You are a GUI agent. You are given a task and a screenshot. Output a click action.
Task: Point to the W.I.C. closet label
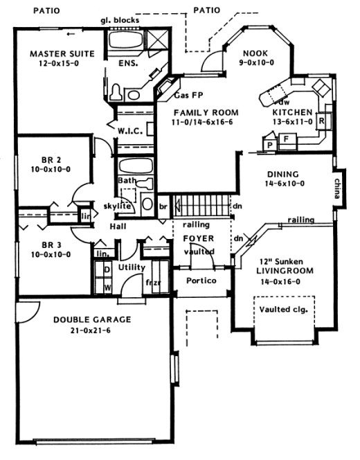pyautogui.click(x=130, y=129)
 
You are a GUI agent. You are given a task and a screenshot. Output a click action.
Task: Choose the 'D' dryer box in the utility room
pyautogui.click(x=107, y=269)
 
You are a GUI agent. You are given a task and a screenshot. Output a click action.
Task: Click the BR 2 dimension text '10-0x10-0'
pyautogui.click(x=46, y=168)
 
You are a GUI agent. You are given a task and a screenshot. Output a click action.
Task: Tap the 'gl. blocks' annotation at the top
pyautogui.click(x=120, y=20)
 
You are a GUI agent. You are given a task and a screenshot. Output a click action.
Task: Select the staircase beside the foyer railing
pyautogui.click(x=201, y=206)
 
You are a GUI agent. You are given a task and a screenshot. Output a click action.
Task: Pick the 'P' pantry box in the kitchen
pyautogui.click(x=269, y=144)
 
